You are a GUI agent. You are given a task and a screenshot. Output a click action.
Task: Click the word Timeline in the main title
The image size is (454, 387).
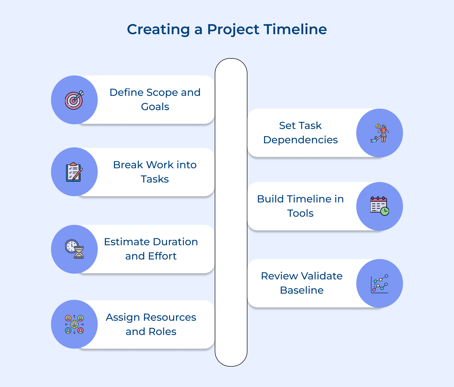click(295, 29)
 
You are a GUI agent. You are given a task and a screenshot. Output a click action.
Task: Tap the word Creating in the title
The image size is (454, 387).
click(158, 29)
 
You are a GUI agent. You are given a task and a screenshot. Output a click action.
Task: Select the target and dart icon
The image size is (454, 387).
click(74, 100)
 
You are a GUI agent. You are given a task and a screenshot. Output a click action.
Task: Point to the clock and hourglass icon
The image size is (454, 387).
click(74, 249)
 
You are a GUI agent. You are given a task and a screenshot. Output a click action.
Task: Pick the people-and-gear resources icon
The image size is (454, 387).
click(74, 324)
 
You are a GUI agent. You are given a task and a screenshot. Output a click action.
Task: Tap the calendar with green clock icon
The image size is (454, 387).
click(380, 206)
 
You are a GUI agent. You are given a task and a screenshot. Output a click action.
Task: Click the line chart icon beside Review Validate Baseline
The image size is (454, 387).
click(380, 283)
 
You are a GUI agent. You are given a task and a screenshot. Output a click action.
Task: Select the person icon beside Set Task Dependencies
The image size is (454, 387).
click(380, 133)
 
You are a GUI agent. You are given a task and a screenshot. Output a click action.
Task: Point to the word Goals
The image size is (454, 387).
click(155, 107)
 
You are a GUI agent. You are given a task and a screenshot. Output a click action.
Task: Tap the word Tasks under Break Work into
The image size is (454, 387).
click(155, 179)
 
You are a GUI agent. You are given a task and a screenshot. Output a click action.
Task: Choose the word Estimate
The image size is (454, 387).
click(127, 242)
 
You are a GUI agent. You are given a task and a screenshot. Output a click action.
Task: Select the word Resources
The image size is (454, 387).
click(170, 317)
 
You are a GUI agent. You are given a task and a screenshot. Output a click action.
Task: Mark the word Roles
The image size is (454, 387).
click(162, 331)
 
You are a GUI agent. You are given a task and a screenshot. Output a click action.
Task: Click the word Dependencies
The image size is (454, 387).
click(300, 140)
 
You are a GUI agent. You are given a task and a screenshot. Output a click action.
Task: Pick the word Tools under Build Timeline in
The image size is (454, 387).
click(300, 213)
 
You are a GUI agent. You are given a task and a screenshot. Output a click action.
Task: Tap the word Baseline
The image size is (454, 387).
click(302, 290)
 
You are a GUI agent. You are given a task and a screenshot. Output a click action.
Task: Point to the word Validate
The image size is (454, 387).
click(322, 276)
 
